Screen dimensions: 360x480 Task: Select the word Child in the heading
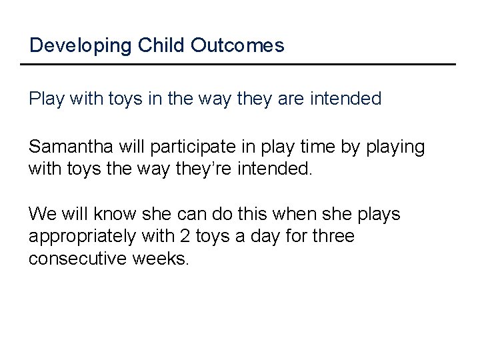151,45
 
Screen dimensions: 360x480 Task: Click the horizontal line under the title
237,64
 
